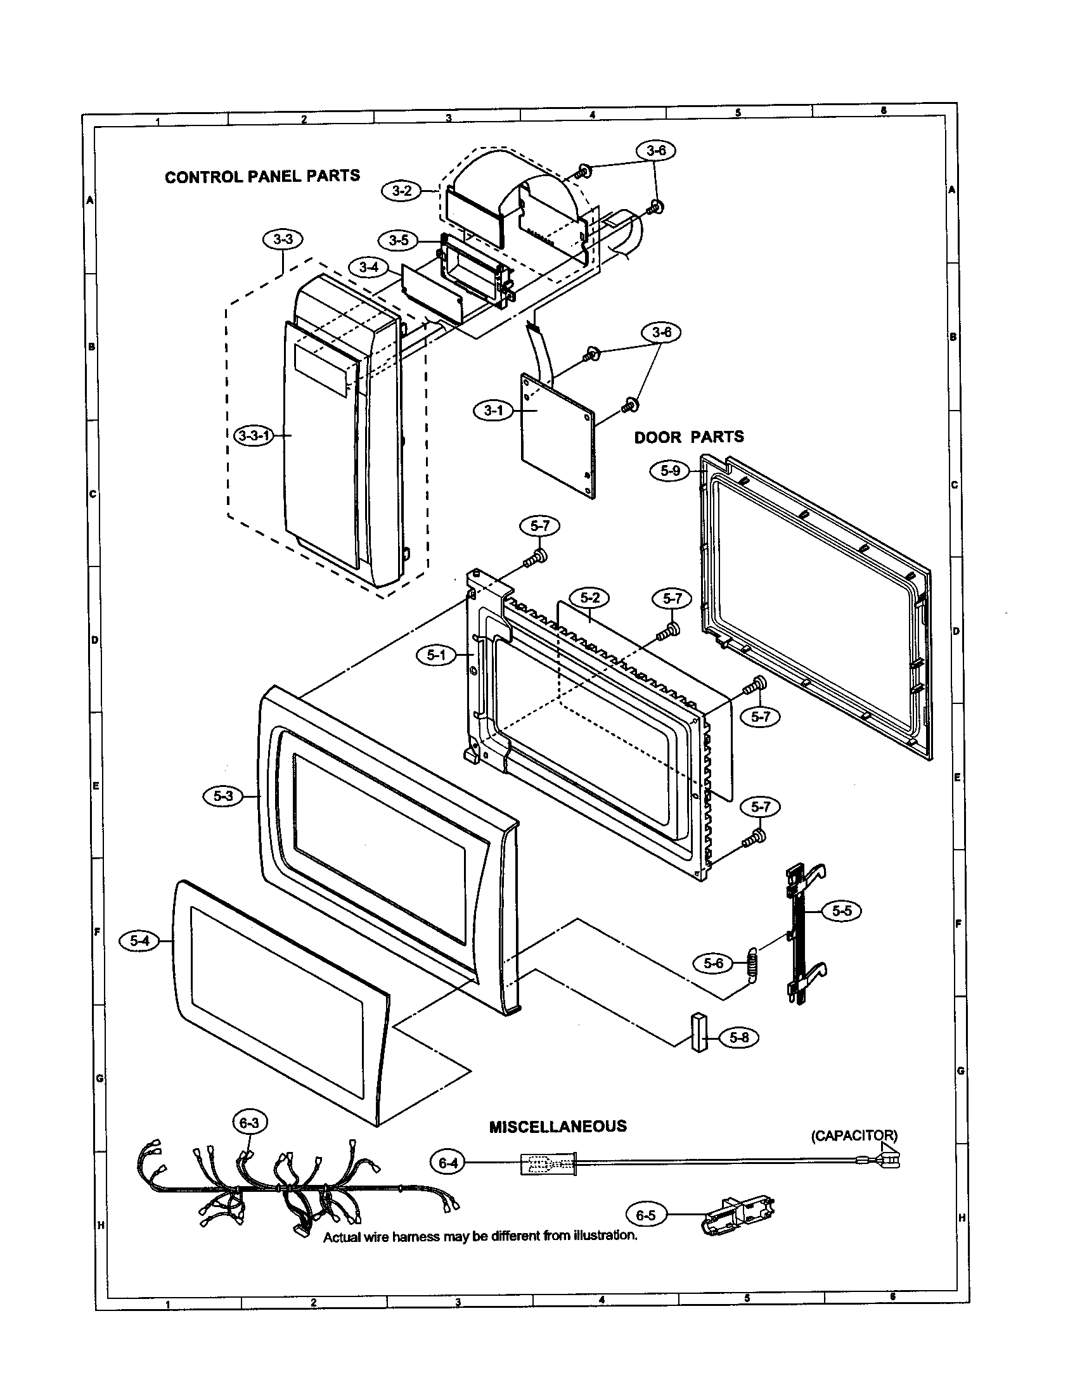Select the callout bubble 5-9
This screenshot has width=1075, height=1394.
point(669,471)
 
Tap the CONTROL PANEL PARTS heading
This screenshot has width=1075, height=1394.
point(262,176)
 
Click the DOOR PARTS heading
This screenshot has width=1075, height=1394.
point(689,437)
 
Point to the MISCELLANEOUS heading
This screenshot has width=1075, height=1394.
point(557,1127)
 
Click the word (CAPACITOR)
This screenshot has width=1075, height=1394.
point(854,1135)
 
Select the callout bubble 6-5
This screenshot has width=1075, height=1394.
point(646,1215)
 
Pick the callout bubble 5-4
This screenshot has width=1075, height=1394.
point(139,940)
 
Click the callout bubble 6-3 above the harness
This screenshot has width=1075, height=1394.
point(249,1123)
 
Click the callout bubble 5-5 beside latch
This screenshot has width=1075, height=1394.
point(841,911)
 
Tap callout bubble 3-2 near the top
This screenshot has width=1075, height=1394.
point(401,190)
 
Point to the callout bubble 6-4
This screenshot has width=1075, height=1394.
point(448,1163)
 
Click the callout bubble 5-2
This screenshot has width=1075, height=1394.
point(590,598)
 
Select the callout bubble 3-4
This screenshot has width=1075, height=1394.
point(368,267)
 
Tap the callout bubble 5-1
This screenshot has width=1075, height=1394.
point(436,655)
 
